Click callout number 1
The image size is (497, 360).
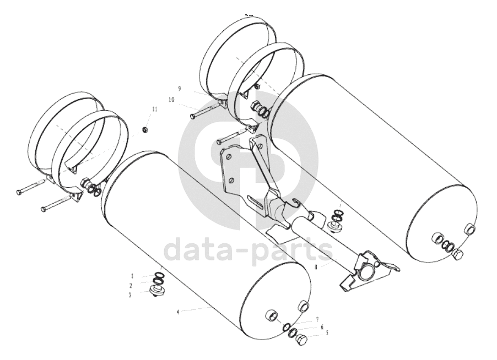132,275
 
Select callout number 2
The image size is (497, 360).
131,286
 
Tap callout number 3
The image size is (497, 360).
131,295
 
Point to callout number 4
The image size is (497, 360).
178,312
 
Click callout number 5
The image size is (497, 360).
327,332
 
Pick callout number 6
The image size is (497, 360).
322,326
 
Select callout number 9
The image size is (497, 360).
179,88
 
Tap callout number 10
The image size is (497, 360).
171,100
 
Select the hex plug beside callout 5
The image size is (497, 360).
301,341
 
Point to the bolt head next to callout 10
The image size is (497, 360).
192,116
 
